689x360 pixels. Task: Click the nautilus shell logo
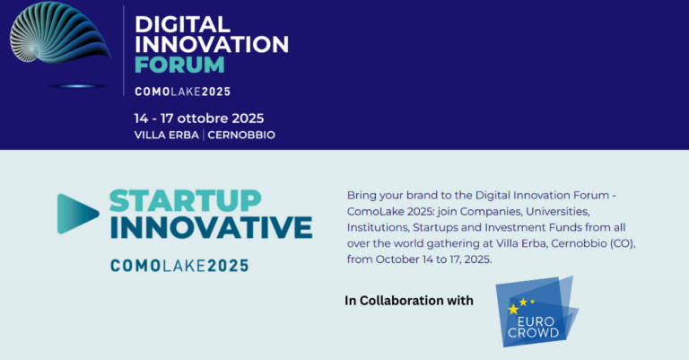tap(60, 32)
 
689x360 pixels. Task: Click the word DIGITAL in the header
tap(182, 24)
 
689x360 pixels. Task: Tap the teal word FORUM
tap(179, 65)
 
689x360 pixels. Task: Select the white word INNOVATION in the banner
tap(212, 44)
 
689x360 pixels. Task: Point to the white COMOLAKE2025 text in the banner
tap(183, 92)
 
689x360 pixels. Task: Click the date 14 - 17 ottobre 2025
tap(199, 119)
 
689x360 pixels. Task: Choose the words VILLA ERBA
tap(167, 135)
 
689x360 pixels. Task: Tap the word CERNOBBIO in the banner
tap(241, 135)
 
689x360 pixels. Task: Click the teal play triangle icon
tap(78, 214)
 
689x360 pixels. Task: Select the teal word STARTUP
tap(186, 201)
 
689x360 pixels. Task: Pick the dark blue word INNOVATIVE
tap(212, 227)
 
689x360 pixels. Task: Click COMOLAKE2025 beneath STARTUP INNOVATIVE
tap(179, 266)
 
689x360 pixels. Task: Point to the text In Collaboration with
tap(409, 301)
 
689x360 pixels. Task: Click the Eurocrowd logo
tap(537, 312)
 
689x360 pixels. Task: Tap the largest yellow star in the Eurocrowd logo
tap(513, 309)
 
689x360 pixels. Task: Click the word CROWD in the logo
tap(533, 333)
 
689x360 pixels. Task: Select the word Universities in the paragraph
tap(558, 212)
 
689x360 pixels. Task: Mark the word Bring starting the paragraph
tap(362, 196)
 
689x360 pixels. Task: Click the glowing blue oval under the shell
tap(77, 85)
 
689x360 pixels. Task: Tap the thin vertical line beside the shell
tap(124, 50)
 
